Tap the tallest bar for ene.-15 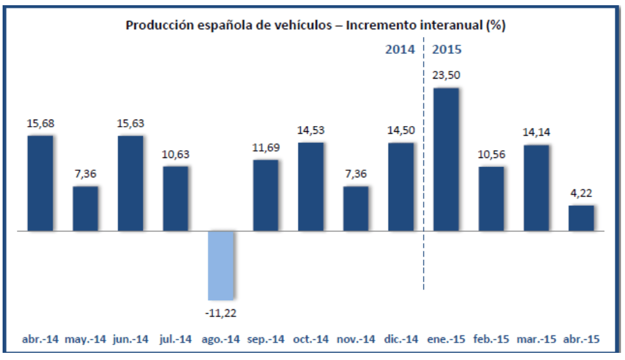(446, 159)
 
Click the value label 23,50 (446, 75)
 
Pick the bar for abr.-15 (581, 218)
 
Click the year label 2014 (400, 49)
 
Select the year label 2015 (448, 49)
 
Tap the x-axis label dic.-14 (401, 339)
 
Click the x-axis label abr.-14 (40, 339)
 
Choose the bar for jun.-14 (131, 183)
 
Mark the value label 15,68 (40, 123)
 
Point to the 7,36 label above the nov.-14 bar (355, 174)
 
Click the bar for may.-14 (85, 209)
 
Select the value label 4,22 (581, 193)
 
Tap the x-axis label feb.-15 (491, 339)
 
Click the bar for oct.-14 (311, 186)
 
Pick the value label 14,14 (536, 133)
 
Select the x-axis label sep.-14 (266, 339)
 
